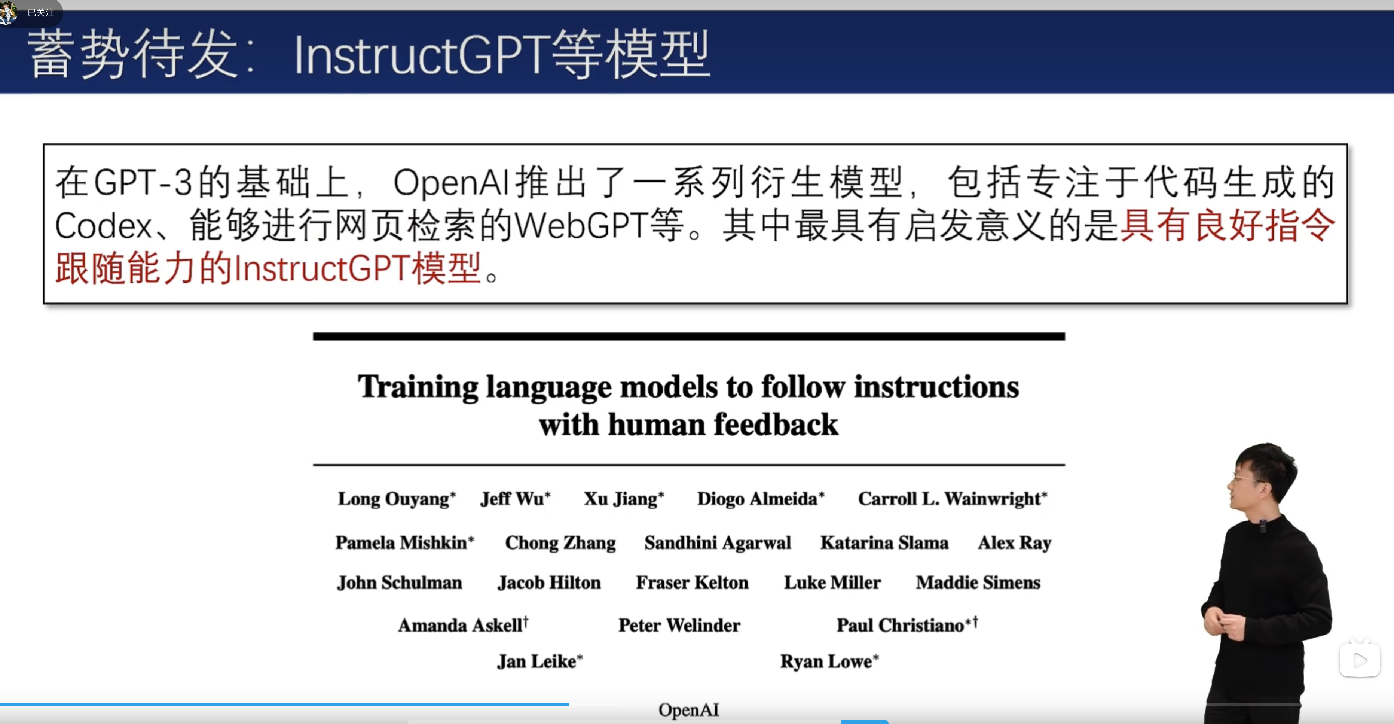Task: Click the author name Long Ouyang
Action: coord(394,499)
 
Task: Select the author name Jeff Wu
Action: coord(512,498)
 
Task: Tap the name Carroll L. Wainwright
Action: coord(950,499)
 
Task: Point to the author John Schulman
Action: coord(399,582)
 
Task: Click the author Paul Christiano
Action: coord(901,626)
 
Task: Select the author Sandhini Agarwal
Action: coord(718,542)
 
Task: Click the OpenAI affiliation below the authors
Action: coord(688,710)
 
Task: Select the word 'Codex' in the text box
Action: coord(103,225)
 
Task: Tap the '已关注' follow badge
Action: coord(40,12)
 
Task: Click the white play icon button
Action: coord(1359,660)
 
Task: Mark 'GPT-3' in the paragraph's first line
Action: coord(143,182)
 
